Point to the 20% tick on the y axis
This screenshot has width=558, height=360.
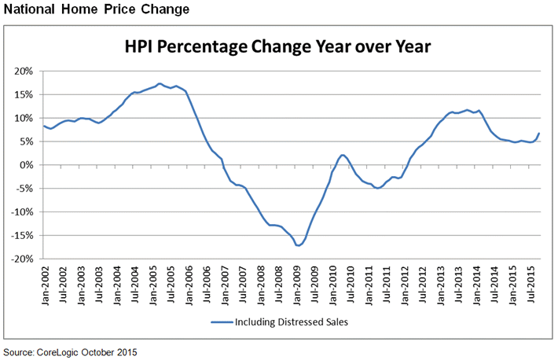(x=23, y=71)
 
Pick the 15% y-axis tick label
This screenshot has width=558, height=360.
(x=23, y=94)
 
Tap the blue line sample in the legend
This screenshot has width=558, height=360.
(x=225, y=322)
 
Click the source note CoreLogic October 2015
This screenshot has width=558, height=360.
(x=75, y=351)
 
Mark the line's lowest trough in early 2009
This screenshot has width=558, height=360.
(x=299, y=246)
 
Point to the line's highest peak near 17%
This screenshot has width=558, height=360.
(x=160, y=83)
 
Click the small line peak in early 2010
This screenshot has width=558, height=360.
(x=343, y=155)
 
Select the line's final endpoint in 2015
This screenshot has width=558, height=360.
(x=539, y=133)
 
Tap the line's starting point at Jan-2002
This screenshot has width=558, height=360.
(x=43, y=126)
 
